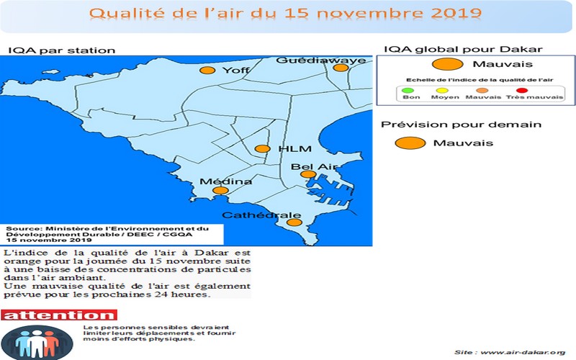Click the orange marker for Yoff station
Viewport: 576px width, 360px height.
pos(207,70)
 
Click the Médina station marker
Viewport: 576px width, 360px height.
pos(221,191)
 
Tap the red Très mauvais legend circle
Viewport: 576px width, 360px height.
pos(522,91)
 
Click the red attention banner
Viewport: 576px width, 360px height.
pos(58,315)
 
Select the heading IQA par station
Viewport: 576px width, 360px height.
pos(61,50)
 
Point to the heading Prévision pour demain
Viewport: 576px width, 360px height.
pos(461,125)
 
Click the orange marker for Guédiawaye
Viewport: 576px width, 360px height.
pos(340,68)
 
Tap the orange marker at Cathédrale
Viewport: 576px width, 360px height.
pos(294,222)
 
